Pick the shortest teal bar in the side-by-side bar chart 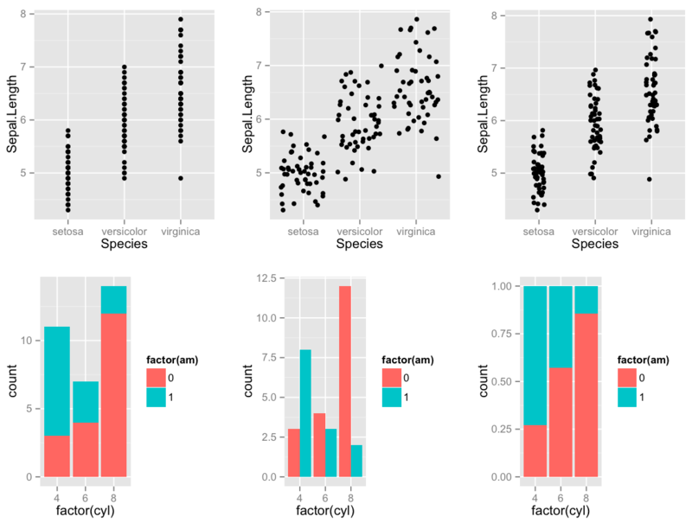click(x=356, y=461)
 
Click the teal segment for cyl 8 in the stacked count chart click(x=113, y=299)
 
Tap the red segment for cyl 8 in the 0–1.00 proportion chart click(x=586, y=395)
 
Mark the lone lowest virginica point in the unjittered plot click(x=181, y=178)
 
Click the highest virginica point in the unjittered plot click(x=181, y=19)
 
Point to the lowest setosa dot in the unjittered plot click(x=68, y=210)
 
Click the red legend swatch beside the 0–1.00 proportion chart click(x=628, y=377)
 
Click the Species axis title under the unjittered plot click(x=124, y=245)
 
